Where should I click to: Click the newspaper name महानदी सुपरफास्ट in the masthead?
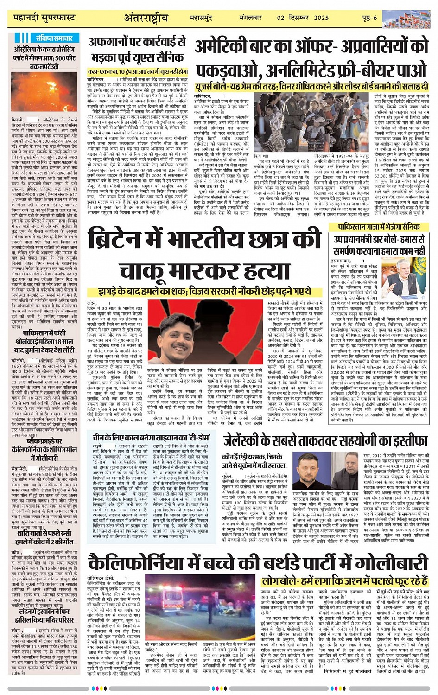(44, 18)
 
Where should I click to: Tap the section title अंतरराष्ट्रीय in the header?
(146, 18)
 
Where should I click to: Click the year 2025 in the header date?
(321, 18)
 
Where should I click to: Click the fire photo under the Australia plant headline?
(44, 91)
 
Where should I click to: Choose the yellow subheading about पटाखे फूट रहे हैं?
(344, 580)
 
